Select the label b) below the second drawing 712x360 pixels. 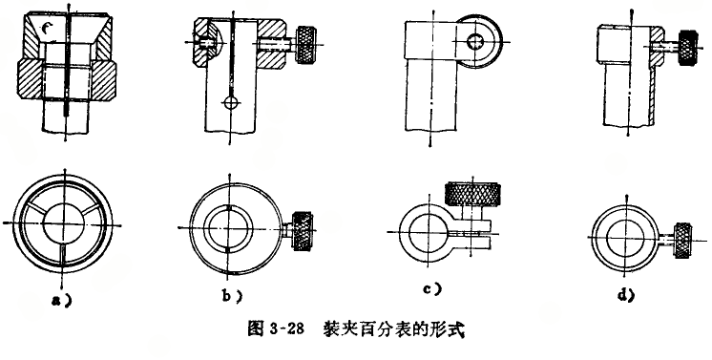232,296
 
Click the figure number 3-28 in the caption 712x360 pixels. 285,328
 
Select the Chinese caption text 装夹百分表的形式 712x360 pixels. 393,328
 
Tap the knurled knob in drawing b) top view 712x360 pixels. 303,231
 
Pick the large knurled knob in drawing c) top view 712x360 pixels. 472,194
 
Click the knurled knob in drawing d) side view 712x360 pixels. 688,48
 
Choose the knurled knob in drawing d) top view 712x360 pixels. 682,241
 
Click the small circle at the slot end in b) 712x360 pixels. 231,102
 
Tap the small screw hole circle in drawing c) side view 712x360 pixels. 475,42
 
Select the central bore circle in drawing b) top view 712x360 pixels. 228,227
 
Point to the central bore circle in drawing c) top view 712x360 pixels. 429,232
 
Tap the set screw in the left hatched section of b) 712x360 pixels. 207,42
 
